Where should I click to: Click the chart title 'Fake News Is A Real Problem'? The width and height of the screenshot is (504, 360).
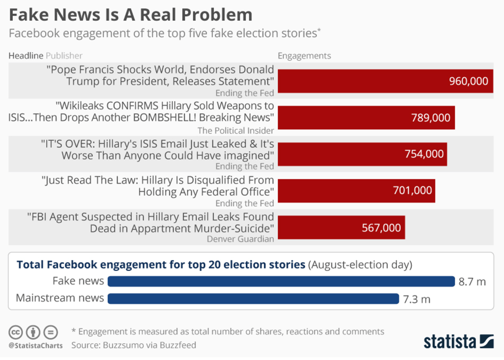point(130,14)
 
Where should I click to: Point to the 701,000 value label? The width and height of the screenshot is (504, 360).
point(412,191)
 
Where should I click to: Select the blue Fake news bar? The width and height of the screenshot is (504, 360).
point(281,281)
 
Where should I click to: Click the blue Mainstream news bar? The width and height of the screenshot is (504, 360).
point(253,298)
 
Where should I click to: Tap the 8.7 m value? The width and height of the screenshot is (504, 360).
point(472,282)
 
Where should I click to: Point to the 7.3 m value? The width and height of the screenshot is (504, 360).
point(416,299)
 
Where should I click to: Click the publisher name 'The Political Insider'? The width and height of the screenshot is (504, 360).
point(235,131)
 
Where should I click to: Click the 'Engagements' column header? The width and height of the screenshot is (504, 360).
point(304,56)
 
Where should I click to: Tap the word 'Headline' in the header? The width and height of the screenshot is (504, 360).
point(26,56)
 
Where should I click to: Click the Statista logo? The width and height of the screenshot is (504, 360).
point(458,342)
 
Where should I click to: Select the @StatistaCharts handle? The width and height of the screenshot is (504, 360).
point(35,345)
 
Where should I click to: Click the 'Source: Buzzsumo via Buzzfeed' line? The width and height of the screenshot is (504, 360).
point(134,345)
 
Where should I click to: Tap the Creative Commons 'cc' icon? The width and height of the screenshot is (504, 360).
point(16,331)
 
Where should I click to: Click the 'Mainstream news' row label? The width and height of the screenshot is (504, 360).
point(60,298)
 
